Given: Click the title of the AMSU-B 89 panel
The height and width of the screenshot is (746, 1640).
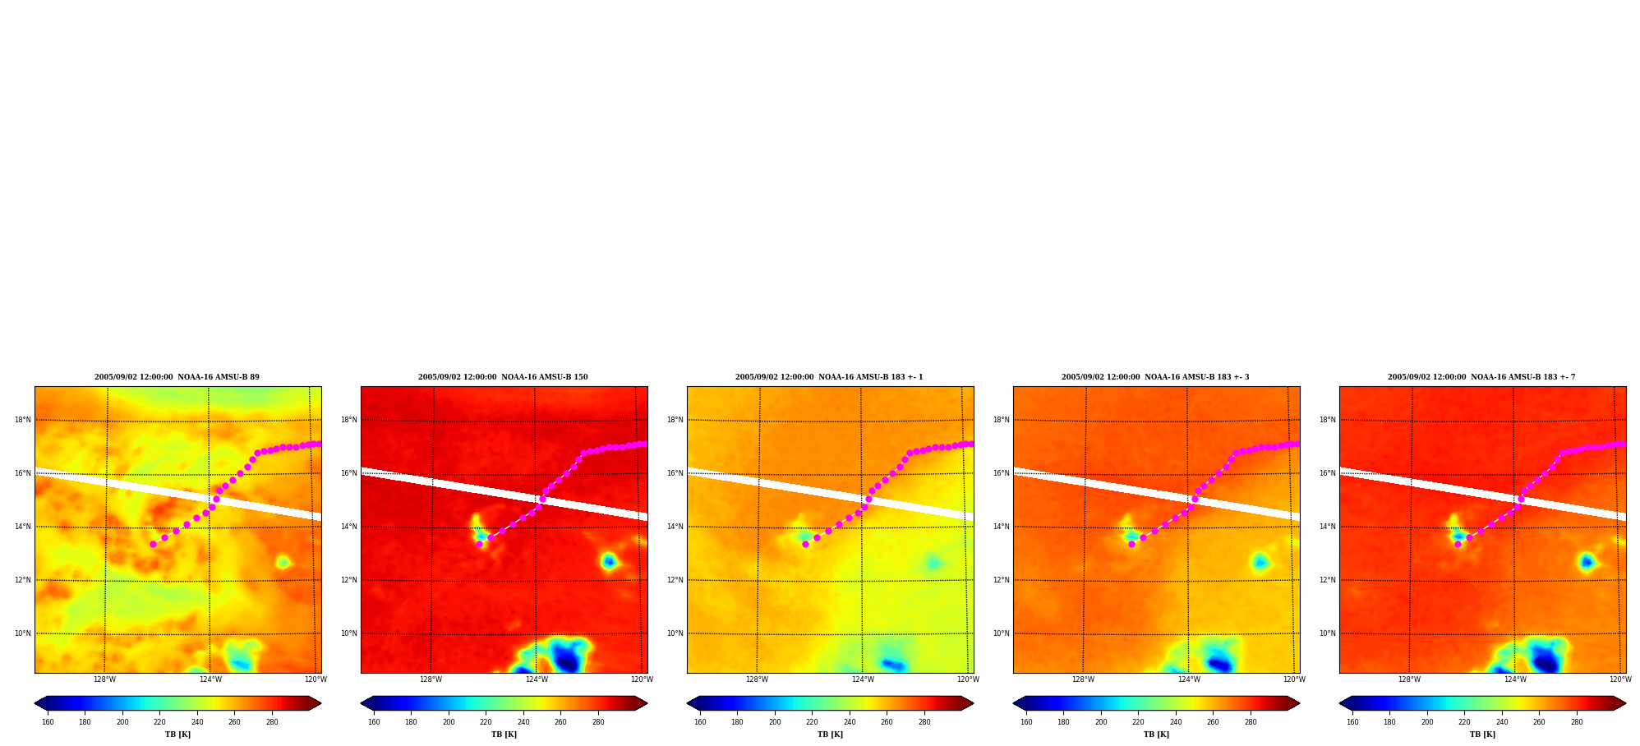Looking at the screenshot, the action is coord(177,377).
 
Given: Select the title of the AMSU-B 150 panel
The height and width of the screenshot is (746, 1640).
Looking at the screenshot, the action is coord(503,377).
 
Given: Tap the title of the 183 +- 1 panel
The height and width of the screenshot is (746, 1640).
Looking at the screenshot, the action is coord(829,377).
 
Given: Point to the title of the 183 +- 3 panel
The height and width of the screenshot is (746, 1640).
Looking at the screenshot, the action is coord(1155,377).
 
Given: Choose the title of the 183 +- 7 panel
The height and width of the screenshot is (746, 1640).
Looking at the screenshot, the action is coord(1481,377).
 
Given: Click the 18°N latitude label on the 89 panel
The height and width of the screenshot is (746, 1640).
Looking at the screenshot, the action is coord(22,420).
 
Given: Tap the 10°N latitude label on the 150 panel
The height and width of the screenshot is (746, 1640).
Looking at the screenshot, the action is coord(348,633).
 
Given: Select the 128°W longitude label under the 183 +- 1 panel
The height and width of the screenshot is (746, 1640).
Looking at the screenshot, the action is coord(757,679).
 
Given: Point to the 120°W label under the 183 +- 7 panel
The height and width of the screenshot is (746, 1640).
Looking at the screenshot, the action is coord(1620,679).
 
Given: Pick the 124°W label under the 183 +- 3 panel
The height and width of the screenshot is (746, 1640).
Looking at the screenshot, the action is coord(1189,679).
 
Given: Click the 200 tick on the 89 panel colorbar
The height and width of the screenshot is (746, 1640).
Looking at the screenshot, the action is coord(122,722).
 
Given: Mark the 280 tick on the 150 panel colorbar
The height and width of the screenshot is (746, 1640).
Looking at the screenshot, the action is coord(598,722).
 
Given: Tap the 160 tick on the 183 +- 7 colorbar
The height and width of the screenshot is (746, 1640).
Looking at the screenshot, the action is coord(1352,722).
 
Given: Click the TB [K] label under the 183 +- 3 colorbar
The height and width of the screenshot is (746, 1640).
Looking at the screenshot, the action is coord(1156,734).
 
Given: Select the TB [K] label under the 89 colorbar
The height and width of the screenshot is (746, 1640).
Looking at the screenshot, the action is coord(177,734).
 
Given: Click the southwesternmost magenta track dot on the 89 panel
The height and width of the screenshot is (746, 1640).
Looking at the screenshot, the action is coord(153,544).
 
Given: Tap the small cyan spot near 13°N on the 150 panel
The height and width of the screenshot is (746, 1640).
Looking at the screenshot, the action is coord(609,561).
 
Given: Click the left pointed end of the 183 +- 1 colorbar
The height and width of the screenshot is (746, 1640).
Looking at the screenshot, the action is coord(689,703).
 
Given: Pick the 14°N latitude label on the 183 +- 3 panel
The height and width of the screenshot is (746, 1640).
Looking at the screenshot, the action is coord(1001,527).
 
